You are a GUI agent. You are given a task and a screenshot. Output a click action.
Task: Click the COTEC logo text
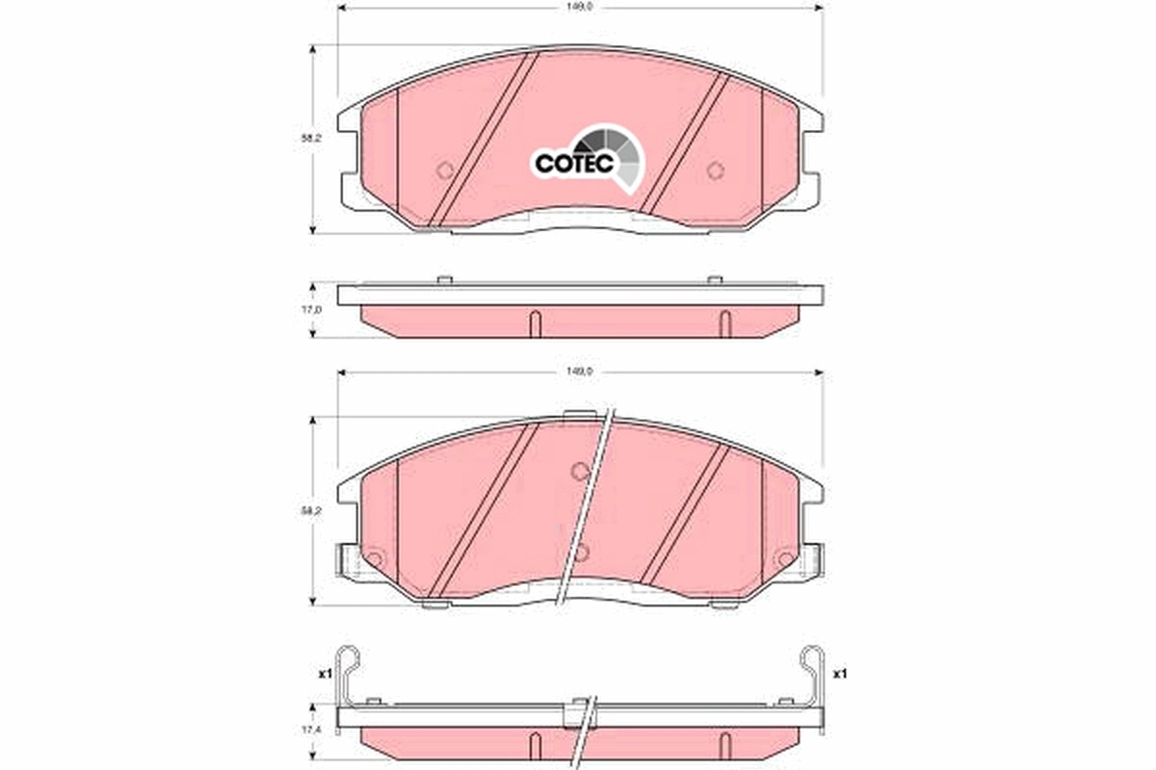tap(574, 165)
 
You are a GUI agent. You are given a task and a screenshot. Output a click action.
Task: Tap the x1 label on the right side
tap(838, 673)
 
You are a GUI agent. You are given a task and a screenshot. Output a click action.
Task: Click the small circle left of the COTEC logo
tap(444, 171)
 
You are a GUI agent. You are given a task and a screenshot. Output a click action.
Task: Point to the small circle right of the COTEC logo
tap(714, 171)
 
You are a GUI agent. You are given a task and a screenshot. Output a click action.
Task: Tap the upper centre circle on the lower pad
tap(579, 471)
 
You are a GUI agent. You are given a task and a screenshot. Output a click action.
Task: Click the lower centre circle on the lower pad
tap(580, 552)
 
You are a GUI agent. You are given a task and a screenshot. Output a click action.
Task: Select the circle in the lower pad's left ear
tap(375, 558)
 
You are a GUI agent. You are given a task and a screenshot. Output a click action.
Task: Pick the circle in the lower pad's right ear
tap(784, 558)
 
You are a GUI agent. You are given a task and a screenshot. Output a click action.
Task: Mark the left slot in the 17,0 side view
tap(534, 322)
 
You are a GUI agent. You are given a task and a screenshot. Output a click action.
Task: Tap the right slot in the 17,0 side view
tap(725, 322)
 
